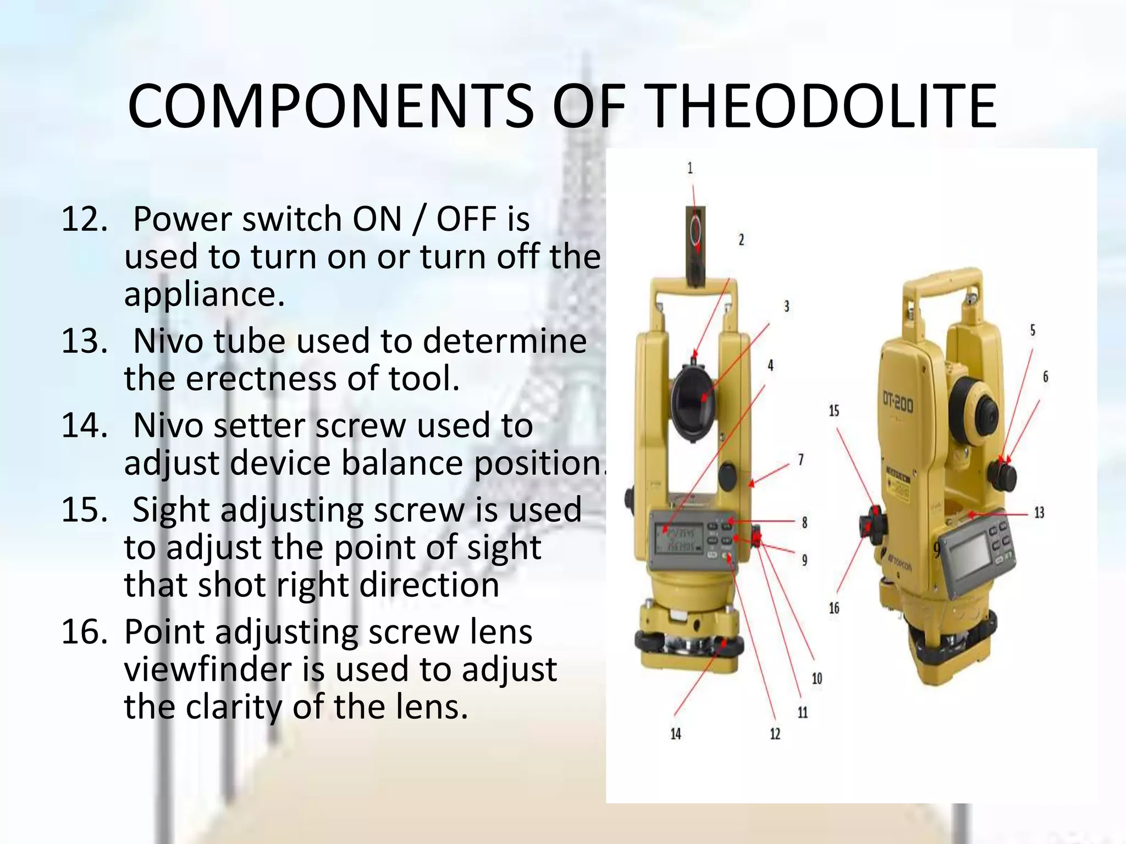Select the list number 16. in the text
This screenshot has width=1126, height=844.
pyautogui.click(x=84, y=631)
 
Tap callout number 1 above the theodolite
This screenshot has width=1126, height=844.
pyautogui.click(x=690, y=168)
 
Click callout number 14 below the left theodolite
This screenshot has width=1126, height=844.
pyautogui.click(x=676, y=734)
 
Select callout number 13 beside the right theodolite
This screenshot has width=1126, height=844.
pyautogui.click(x=1039, y=513)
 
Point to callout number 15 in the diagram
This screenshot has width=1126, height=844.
pyautogui.click(x=834, y=410)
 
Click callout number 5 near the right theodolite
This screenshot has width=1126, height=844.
pyautogui.click(x=1033, y=330)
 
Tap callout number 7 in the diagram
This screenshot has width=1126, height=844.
pyautogui.click(x=801, y=459)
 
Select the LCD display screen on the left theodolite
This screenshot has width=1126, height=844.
pyautogui.click(x=678, y=538)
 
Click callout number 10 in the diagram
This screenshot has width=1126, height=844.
pyautogui.click(x=817, y=679)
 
